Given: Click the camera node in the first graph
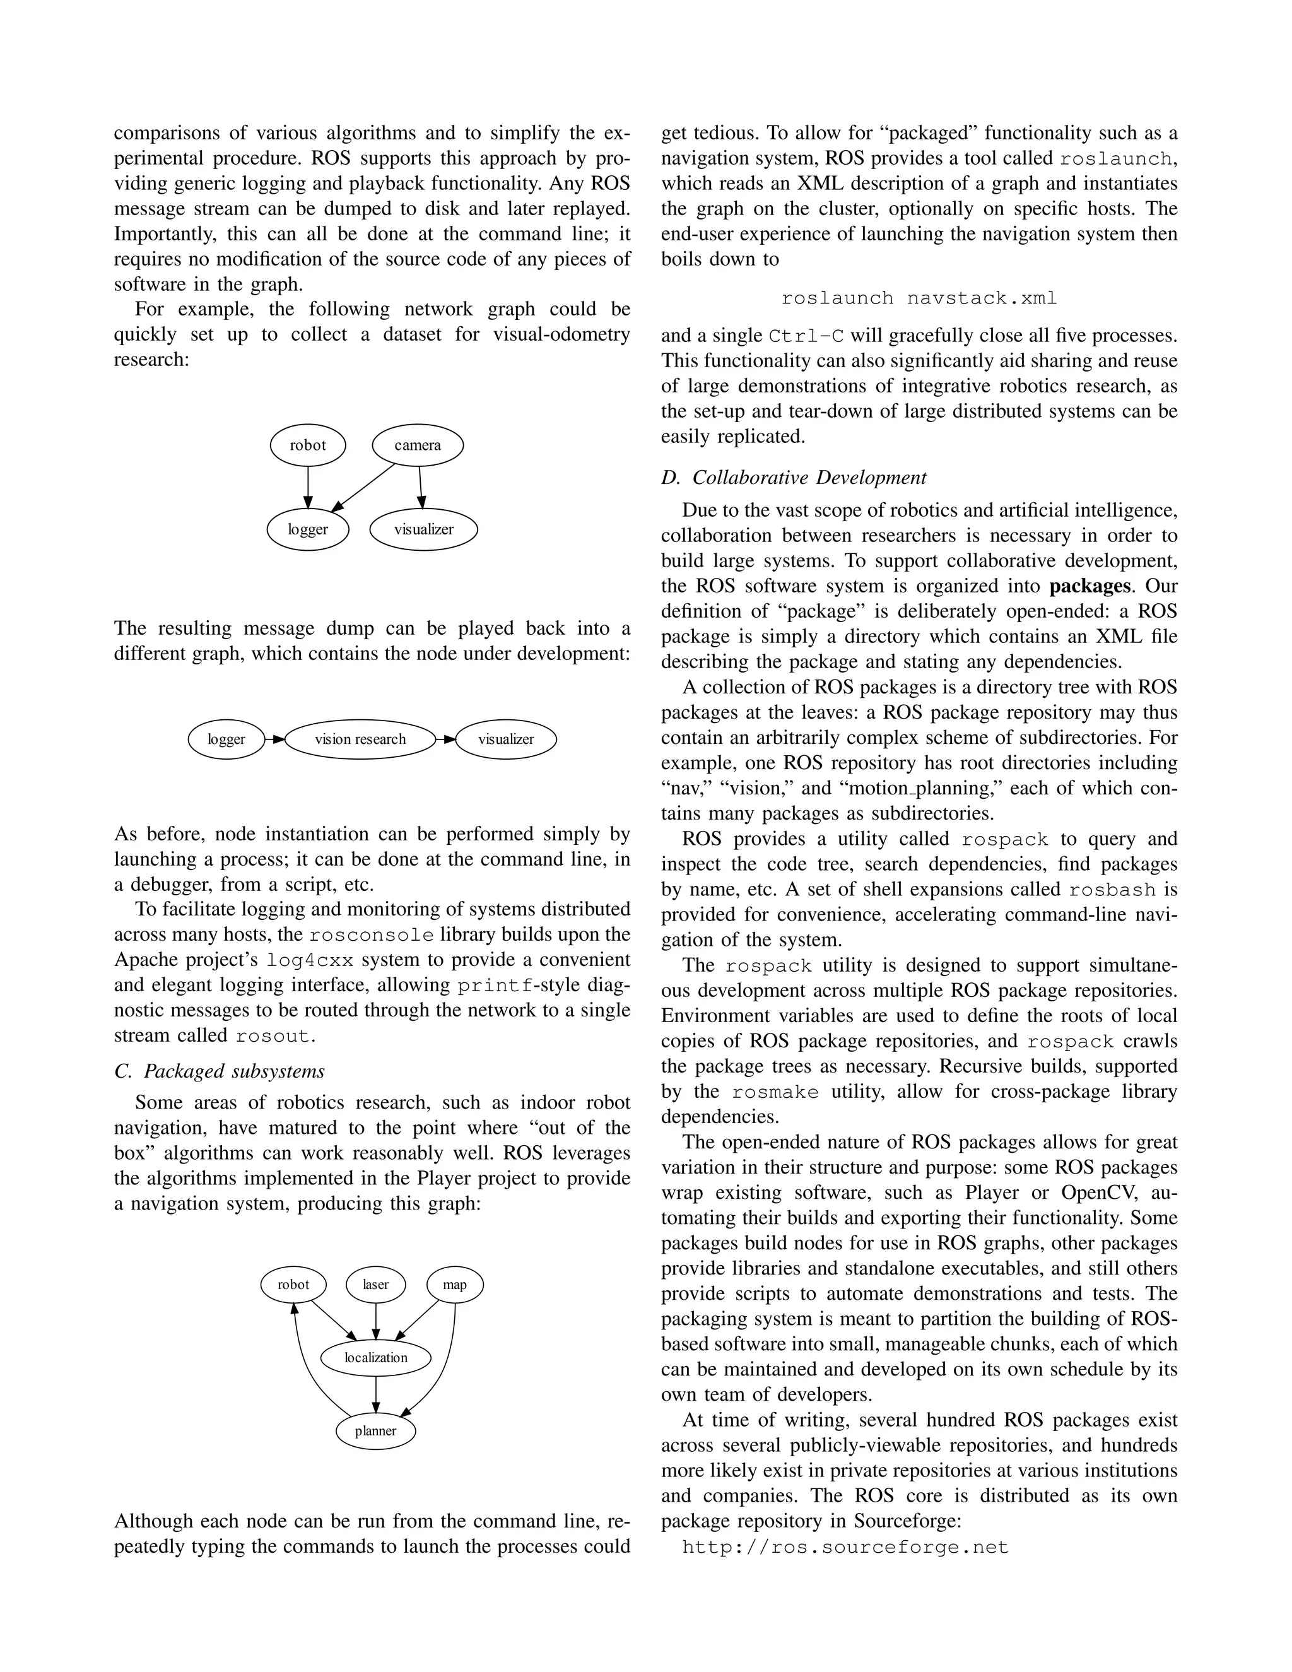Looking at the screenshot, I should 417,445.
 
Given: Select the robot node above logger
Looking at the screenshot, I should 308,445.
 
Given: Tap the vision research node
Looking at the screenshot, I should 360,739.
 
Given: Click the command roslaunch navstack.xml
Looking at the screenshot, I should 919,298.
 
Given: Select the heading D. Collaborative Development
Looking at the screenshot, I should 794,478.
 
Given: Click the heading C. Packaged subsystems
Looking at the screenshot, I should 220,1071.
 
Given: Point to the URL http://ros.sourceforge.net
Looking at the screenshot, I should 845,1547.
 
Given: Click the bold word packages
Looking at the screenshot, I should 1090,586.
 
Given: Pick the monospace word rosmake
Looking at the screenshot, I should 775,1092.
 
